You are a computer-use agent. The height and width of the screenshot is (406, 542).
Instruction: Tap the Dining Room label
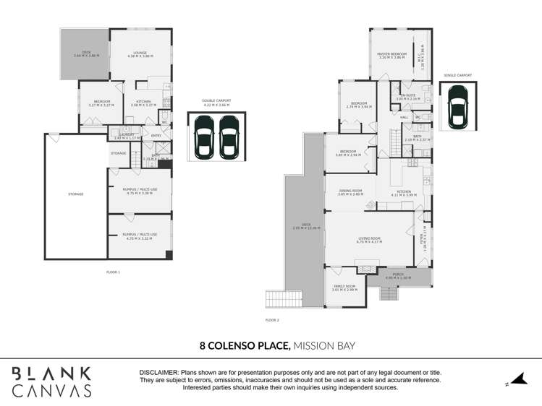[x=350, y=192]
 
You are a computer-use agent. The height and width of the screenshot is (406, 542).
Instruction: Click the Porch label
[x=398, y=275]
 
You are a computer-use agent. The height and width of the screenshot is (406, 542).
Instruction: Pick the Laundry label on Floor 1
[x=127, y=135]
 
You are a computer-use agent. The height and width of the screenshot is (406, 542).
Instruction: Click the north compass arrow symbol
[x=517, y=380]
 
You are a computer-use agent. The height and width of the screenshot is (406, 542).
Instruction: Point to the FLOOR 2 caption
[x=272, y=319]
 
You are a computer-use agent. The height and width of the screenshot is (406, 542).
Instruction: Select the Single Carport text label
[x=457, y=74]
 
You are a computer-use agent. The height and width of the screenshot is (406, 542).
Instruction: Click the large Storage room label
[x=76, y=194]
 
